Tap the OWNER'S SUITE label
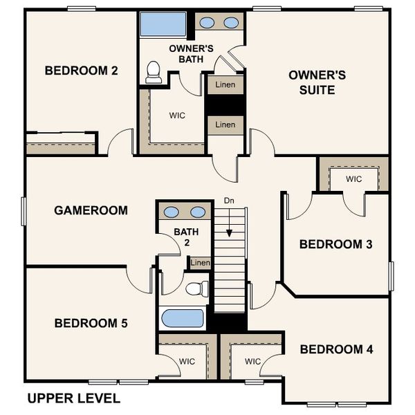[311, 82]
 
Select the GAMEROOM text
[91, 210]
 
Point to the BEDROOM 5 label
[91, 323]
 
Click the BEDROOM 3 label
[336, 244]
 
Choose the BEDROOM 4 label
[336, 349]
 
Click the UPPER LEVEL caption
[73, 398]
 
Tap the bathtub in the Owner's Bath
[163, 25]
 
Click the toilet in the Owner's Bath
[154, 72]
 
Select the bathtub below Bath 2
[182, 319]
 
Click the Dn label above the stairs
[229, 201]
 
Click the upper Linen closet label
[225, 85]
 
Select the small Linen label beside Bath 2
[200, 263]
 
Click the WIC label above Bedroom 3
[353, 179]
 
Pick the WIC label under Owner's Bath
[177, 115]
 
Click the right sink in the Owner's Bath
[231, 23]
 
